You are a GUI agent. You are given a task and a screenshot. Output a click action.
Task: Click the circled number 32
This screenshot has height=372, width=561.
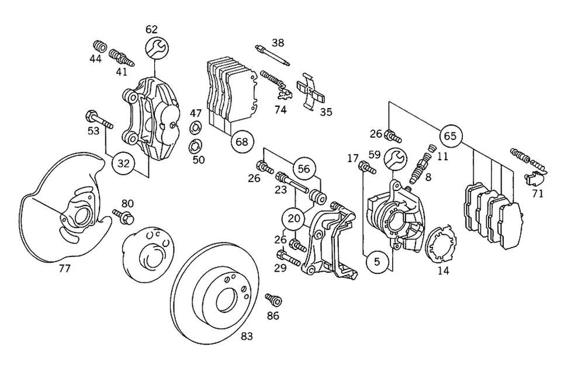[123, 164]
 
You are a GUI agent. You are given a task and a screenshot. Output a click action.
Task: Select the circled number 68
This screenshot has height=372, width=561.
[243, 141]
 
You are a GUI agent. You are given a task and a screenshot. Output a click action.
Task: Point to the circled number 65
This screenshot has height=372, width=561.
[449, 136]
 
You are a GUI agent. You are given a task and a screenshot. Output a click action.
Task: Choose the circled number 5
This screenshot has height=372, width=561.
[377, 262]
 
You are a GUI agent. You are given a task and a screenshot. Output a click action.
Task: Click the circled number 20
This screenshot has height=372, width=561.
[295, 218]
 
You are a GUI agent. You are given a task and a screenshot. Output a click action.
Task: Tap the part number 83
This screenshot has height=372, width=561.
[247, 336]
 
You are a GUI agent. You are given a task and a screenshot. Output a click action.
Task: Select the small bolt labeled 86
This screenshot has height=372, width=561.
[273, 300]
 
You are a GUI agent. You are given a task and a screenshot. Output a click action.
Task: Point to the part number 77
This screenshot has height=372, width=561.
[64, 269]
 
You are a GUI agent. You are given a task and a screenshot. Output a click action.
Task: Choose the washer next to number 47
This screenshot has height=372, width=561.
[196, 127]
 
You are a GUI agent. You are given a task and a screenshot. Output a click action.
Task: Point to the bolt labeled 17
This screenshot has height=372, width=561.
[366, 169]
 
